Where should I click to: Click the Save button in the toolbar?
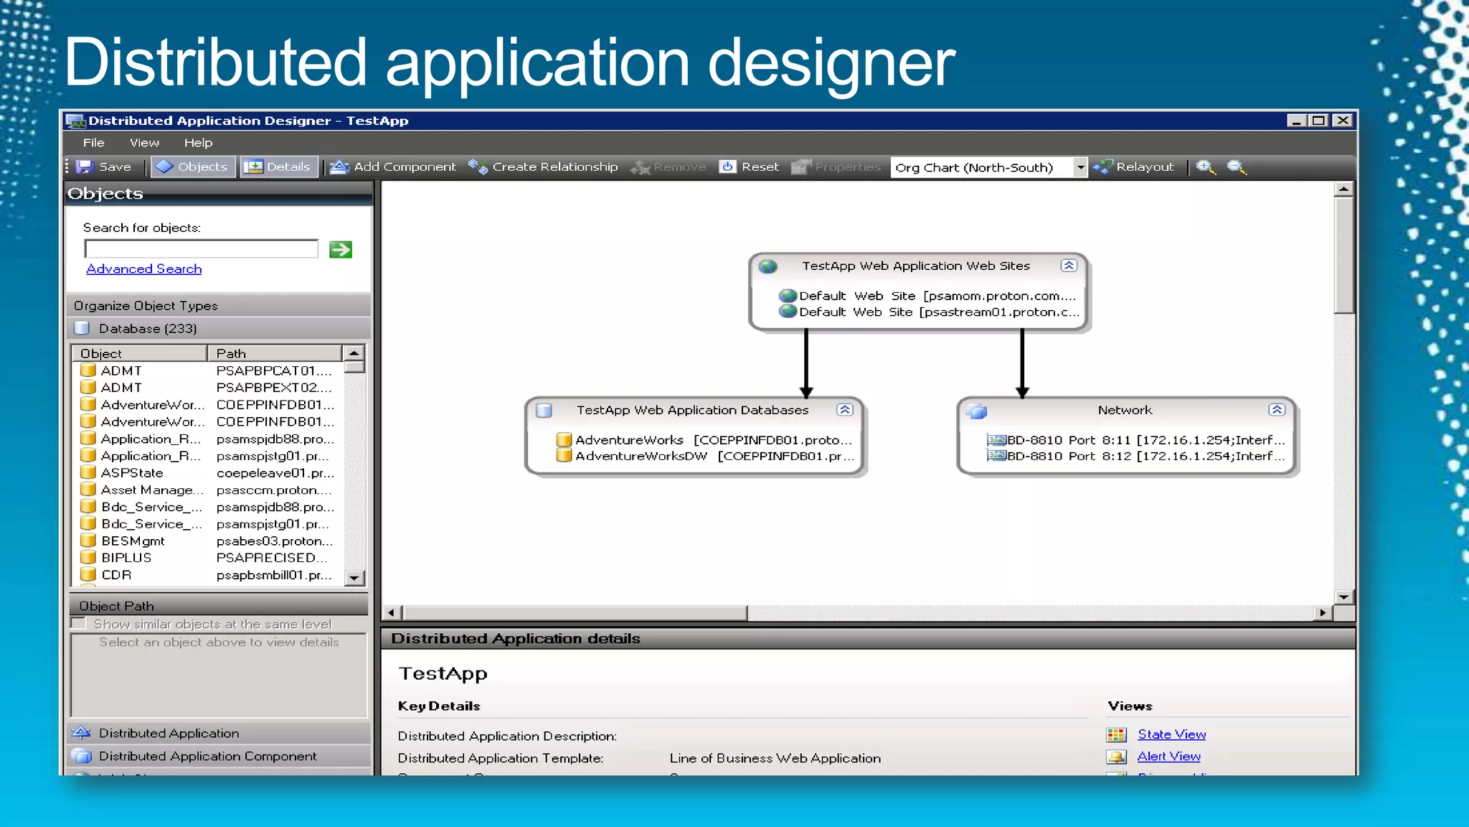105,167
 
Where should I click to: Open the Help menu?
198,143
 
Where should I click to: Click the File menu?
93,143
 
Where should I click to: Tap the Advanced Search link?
144,269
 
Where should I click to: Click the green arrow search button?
340,250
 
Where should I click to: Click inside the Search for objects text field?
201,249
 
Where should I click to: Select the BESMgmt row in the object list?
133,541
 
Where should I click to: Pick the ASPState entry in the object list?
132,473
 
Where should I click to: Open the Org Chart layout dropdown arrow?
1080,167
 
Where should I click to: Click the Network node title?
1124,411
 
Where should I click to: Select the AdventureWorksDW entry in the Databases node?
641,457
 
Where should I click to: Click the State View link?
1171,734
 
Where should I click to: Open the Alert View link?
1168,757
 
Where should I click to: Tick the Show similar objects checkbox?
79,624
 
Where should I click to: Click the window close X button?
1342,121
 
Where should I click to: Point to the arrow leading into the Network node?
1022,363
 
